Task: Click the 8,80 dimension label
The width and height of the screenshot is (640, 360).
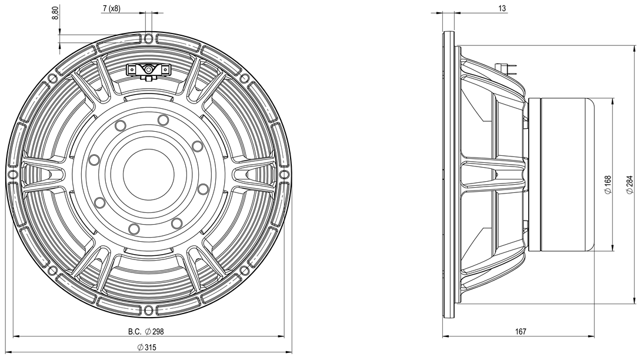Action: point(56,11)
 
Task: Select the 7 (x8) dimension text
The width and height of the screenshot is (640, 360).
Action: point(111,8)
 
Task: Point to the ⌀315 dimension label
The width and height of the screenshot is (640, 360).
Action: point(147,347)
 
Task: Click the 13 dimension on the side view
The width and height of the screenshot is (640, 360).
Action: point(502,8)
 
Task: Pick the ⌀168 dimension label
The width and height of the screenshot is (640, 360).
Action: point(608,185)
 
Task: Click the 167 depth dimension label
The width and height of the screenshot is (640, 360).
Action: point(521,331)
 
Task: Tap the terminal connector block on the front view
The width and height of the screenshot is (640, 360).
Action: point(148,71)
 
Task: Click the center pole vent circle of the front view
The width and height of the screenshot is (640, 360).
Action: point(149,174)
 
